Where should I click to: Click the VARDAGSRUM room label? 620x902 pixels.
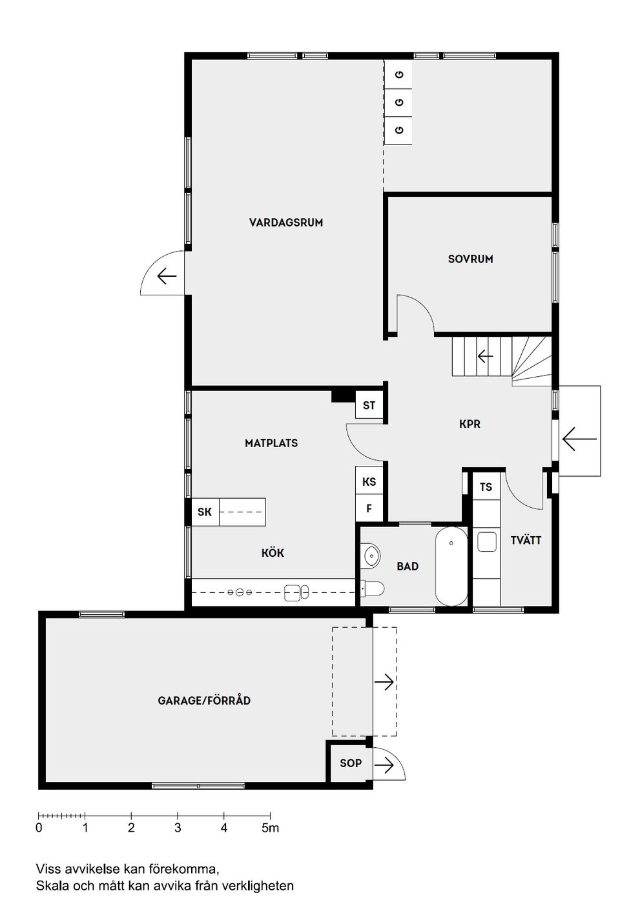click(x=285, y=223)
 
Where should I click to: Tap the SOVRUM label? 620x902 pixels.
click(x=470, y=259)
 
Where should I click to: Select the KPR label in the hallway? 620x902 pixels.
click(x=470, y=424)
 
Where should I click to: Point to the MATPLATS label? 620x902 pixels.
click(x=271, y=443)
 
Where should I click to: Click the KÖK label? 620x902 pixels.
click(x=273, y=553)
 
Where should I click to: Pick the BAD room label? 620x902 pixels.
click(x=408, y=566)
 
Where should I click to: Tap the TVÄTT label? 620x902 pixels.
click(x=526, y=540)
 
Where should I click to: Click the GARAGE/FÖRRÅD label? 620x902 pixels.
click(x=204, y=700)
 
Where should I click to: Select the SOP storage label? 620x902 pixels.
click(x=351, y=763)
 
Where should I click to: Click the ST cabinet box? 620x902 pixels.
click(x=369, y=406)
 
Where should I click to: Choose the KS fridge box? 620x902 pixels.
click(x=369, y=481)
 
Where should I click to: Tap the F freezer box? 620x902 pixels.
click(x=369, y=508)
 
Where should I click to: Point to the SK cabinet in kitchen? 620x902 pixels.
click(x=205, y=512)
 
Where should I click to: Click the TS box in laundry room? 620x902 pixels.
click(x=486, y=487)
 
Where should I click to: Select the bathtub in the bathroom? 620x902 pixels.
click(x=451, y=566)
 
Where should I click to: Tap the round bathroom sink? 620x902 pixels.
click(x=373, y=555)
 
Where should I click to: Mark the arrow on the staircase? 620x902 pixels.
click(x=485, y=356)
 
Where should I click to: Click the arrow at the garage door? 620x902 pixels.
click(x=385, y=681)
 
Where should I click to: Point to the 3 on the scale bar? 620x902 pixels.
click(x=178, y=828)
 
